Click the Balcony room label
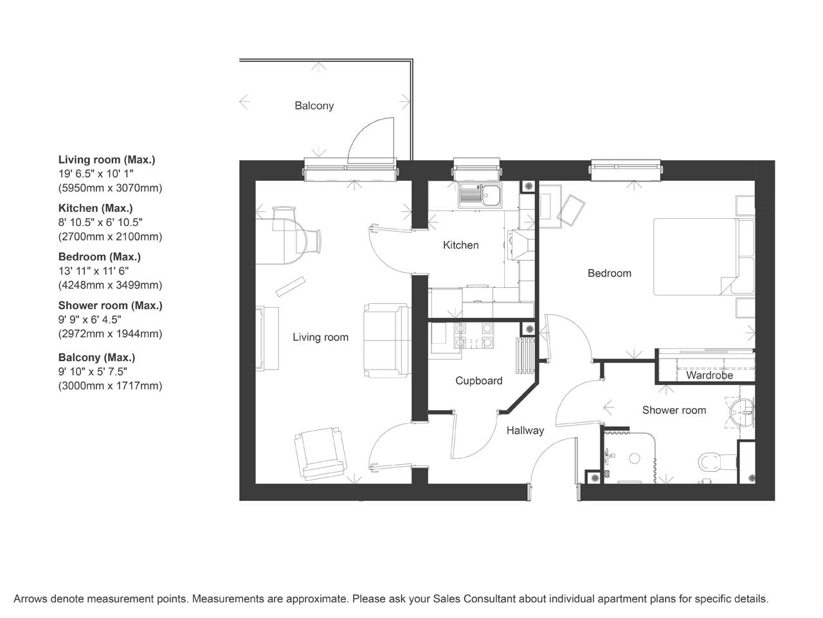coord(314,106)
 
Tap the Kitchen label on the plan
coord(461,245)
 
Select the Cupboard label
coord(479,381)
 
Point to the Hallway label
coord(525,431)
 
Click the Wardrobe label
coord(709,375)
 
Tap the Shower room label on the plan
coord(674,410)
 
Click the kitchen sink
coord(480,196)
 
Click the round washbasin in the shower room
coord(741,413)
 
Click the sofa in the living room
coord(387,341)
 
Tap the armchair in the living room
coord(320,453)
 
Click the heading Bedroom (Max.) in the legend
coord(100,257)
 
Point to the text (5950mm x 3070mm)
coord(110,188)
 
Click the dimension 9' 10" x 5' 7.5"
coord(93,371)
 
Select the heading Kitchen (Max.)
coord(95,208)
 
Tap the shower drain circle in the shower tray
coord(635,458)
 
